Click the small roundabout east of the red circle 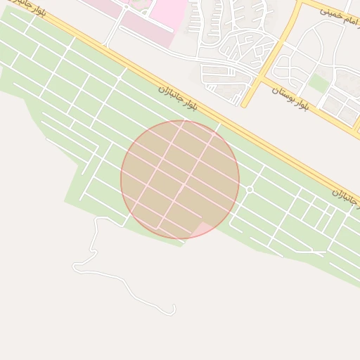pyautogui.click(x=249, y=189)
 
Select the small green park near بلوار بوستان pyautogui.click(x=319, y=83)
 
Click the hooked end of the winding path pyautogui.click(x=172, y=309)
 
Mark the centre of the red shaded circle pyautogui.click(x=180, y=179)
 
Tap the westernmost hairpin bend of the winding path pyautogui.click(x=75, y=266)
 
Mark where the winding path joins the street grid pyautogui.click(x=125, y=226)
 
